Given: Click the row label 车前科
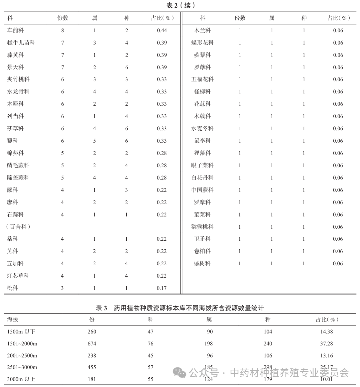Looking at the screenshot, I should point(15,30).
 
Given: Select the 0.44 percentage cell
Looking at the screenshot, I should point(162,30).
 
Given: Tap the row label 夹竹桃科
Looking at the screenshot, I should point(18,79).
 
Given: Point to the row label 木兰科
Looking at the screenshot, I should point(202,30).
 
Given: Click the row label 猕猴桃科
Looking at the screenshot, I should point(202,227).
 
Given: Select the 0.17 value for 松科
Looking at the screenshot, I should point(162,288).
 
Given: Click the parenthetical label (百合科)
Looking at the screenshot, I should point(18,227).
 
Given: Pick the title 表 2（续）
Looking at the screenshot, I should point(180,5).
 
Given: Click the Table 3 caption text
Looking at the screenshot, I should point(180,308).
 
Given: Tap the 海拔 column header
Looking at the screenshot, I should point(13,319).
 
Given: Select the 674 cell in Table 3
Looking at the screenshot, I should point(92,344).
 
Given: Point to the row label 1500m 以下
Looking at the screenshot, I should point(21,332).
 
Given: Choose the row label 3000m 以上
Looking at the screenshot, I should point(21,379).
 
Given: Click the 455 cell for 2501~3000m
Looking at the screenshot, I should point(92,367).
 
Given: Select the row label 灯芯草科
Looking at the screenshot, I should point(18,276).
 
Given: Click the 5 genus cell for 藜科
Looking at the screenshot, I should point(94,141).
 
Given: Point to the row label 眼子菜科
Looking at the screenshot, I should point(202,165).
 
